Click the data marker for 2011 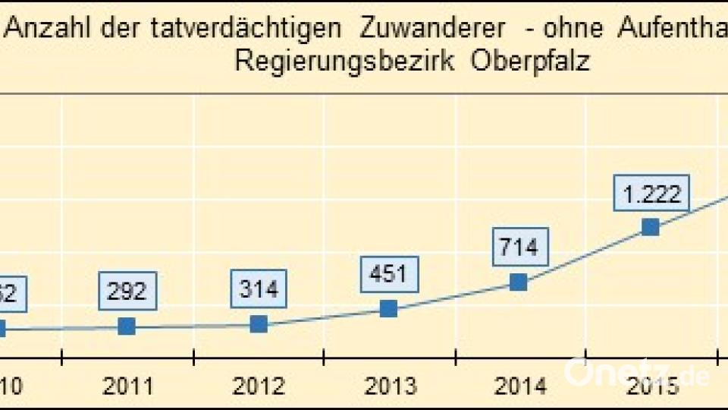[x=127, y=326]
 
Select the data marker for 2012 [x=259, y=324]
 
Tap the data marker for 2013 [x=388, y=308]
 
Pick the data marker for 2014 [x=518, y=282]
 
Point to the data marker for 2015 [x=650, y=227]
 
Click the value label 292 [x=127, y=291]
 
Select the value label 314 [x=259, y=289]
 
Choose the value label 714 [x=519, y=247]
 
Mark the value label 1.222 [x=651, y=193]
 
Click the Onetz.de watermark [x=637, y=373]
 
